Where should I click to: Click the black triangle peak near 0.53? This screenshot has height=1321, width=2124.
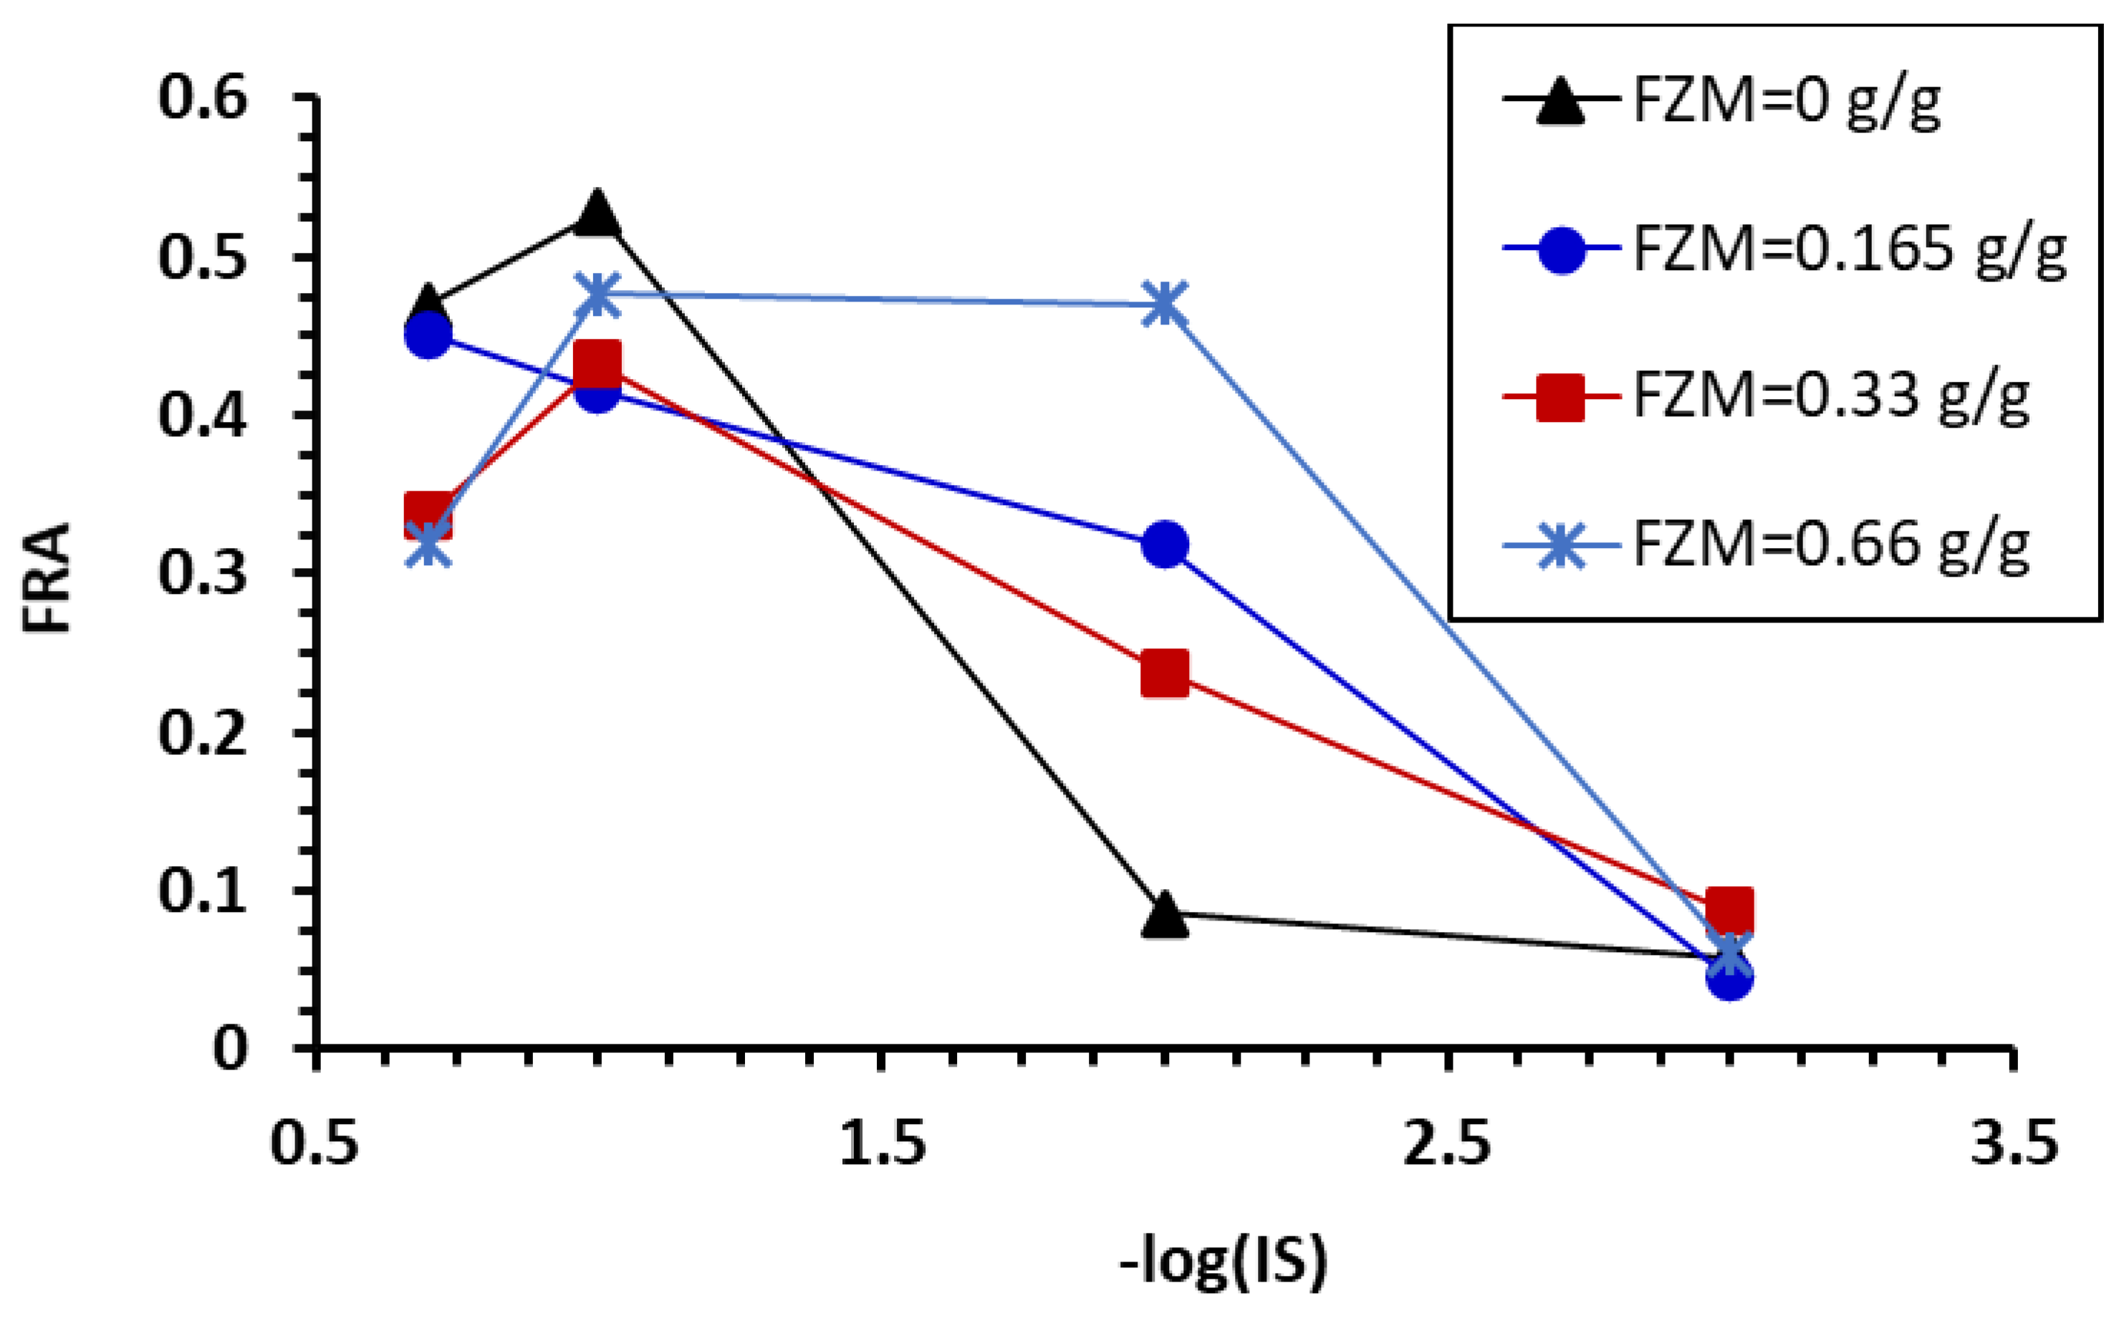597,214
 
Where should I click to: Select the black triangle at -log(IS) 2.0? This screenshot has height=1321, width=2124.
1165,916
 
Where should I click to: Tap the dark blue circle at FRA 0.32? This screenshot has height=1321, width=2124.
1165,544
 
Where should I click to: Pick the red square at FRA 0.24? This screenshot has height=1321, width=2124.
1165,673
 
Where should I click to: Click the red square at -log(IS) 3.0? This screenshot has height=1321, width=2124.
1730,910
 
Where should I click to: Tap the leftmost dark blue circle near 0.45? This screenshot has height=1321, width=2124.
428,335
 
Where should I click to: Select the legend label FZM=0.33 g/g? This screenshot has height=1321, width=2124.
1830,398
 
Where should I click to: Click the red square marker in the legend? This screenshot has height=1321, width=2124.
1560,398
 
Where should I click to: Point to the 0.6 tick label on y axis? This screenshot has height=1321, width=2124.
203,98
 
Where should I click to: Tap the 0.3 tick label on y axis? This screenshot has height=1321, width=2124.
203,574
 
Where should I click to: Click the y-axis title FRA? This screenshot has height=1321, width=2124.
47,577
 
